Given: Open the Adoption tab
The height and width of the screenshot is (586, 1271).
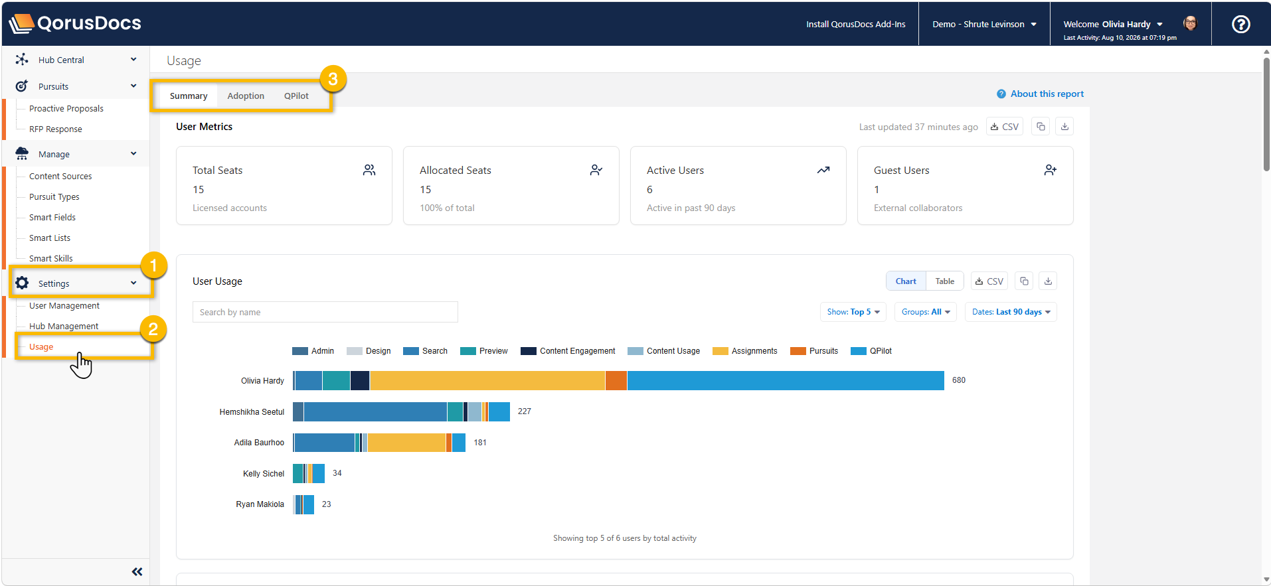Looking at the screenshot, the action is (246, 96).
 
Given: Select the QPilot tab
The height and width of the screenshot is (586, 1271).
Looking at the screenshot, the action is (296, 96).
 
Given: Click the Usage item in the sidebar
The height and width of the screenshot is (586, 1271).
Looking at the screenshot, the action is (41, 347).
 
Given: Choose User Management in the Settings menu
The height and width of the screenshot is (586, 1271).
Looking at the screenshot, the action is (64, 306).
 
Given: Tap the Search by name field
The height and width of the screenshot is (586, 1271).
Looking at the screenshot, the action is (325, 312).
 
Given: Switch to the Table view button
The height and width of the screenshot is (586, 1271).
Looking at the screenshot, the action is (944, 281).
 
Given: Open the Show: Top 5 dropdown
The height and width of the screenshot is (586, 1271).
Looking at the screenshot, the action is (853, 312).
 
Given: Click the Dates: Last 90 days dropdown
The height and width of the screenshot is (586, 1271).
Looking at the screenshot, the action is (1011, 312).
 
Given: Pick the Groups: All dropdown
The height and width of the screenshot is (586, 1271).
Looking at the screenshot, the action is (926, 312).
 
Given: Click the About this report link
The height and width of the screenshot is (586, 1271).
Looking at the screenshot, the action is (1040, 94).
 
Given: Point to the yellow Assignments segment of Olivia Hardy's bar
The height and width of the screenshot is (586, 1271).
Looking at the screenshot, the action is (487, 381).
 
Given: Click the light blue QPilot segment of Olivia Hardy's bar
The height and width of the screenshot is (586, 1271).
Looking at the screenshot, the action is (786, 381).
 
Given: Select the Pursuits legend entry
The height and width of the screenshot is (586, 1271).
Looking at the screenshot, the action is (814, 351).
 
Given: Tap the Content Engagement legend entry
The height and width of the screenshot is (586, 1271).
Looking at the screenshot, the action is (568, 351).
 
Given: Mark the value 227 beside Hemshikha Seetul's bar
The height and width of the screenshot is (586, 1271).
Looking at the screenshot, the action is (525, 411).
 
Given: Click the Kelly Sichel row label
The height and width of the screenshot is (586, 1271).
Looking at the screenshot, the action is (263, 474).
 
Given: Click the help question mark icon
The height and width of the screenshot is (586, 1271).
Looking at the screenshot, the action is (1240, 25).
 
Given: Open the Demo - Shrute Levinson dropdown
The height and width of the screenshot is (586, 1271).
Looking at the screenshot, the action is (984, 25).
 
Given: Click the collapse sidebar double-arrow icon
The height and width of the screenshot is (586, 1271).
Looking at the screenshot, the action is (137, 572).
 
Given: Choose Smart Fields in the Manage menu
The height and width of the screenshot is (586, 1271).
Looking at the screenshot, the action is (52, 218).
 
